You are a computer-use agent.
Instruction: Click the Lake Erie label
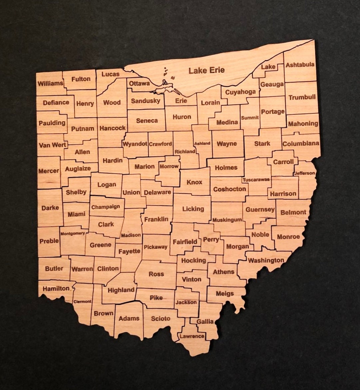click(206, 70)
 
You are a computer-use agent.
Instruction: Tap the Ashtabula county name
click(300, 65)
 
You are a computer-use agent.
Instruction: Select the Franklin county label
click(156, 219)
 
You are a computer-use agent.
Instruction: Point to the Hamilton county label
click(56, 289)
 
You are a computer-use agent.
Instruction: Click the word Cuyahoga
click(240, 92)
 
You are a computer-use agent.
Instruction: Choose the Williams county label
click(50, 83)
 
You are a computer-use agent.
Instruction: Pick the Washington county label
click(266, 260)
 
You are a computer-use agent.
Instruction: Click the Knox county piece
click(194, 182)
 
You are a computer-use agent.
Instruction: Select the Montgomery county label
click(73, 233)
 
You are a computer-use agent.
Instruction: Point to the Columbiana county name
click(300, 144)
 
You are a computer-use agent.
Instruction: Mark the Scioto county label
click(161, 318)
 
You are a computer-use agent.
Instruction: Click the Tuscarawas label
click(256, 180)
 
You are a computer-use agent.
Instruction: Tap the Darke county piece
click(50, 208)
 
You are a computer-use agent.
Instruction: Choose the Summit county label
click(250, 118)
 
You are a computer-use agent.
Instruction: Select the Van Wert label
click(52, 145)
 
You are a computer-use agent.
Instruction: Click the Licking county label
click(193, 209)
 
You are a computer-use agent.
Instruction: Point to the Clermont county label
click(82, 301)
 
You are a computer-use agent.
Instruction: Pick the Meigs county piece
click(225, 294)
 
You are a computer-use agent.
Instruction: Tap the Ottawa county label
click(140, 83)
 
